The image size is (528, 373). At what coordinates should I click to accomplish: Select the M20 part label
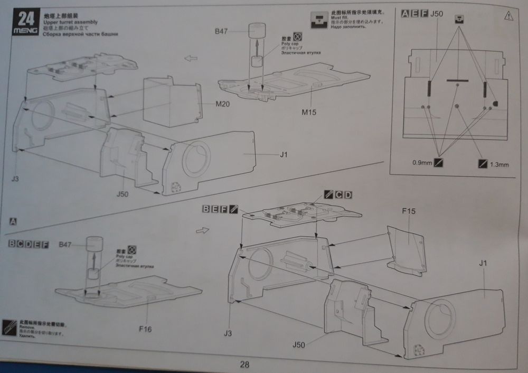(222, 104)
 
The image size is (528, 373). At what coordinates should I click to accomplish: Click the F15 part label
(409, 211)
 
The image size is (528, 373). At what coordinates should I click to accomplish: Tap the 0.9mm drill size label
(423, 163)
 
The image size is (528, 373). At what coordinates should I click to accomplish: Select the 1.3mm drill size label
(499, 164)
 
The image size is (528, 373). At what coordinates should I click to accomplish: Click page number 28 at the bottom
(244, 365)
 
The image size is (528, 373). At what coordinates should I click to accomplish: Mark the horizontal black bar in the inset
(457, 80)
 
